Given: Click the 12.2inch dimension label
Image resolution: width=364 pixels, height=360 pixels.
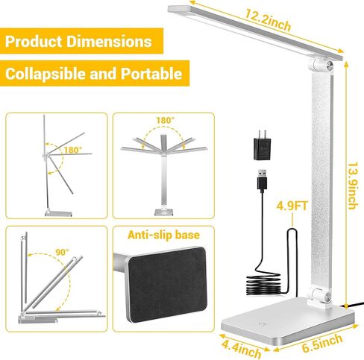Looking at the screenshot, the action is [x=268, y=19].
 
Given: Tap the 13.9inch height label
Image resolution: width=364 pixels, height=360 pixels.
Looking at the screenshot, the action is [x=353, y=186].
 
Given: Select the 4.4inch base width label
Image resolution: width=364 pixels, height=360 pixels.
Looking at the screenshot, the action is [x=242, y=348].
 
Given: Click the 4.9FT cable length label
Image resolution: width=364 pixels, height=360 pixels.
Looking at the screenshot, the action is [x=292, y=206].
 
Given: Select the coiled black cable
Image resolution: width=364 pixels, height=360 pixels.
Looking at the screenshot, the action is [x=263, y=284].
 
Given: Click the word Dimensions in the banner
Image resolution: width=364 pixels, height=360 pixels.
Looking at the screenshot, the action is [x=109, y=41].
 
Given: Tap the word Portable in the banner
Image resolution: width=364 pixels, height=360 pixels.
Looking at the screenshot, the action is [x=151, y=74].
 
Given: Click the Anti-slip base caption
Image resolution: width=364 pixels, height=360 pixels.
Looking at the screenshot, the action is [x=163, y=235].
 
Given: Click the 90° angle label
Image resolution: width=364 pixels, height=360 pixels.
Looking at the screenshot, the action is [x=62, y=252].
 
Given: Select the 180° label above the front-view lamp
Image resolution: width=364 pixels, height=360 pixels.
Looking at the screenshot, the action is [x=166, y=121].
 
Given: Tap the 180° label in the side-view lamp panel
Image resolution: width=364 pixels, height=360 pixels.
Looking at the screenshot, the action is [x=73, y=151].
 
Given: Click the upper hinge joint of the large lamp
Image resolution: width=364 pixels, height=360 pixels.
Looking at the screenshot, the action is [x=321, y=66].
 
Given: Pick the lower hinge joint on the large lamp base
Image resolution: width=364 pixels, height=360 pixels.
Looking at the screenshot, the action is [x=320, y=297].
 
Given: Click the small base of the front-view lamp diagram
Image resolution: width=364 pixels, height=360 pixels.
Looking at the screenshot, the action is [x=163, y=212].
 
